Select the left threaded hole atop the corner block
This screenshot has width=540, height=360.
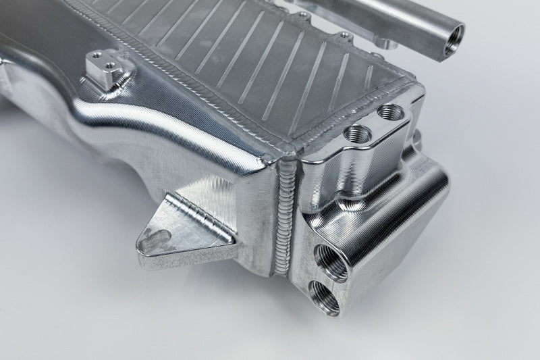[356, 133]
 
